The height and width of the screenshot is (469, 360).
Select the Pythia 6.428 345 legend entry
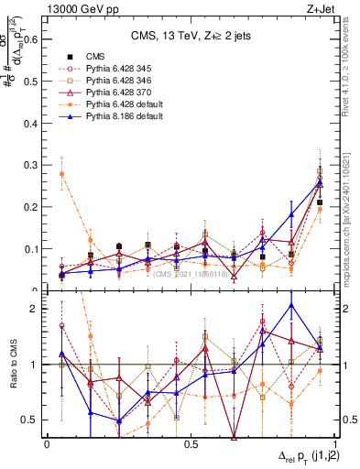pyautogui.click(x=115, y=69)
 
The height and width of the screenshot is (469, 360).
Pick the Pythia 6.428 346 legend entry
pyautogui.click(x=115, y=82)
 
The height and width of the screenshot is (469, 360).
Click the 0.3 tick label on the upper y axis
pyautogui.click(x=31, y=165)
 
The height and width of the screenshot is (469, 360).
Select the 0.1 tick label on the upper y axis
pyautogui.click(x=31, y=248)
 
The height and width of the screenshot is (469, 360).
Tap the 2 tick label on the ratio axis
pyautogui.click(x=36, y=309)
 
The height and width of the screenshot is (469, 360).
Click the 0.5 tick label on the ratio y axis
pyautogui.click(x=31, y=420)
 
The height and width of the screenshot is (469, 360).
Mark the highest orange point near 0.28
pyautogui.click(x=61, y=173)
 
